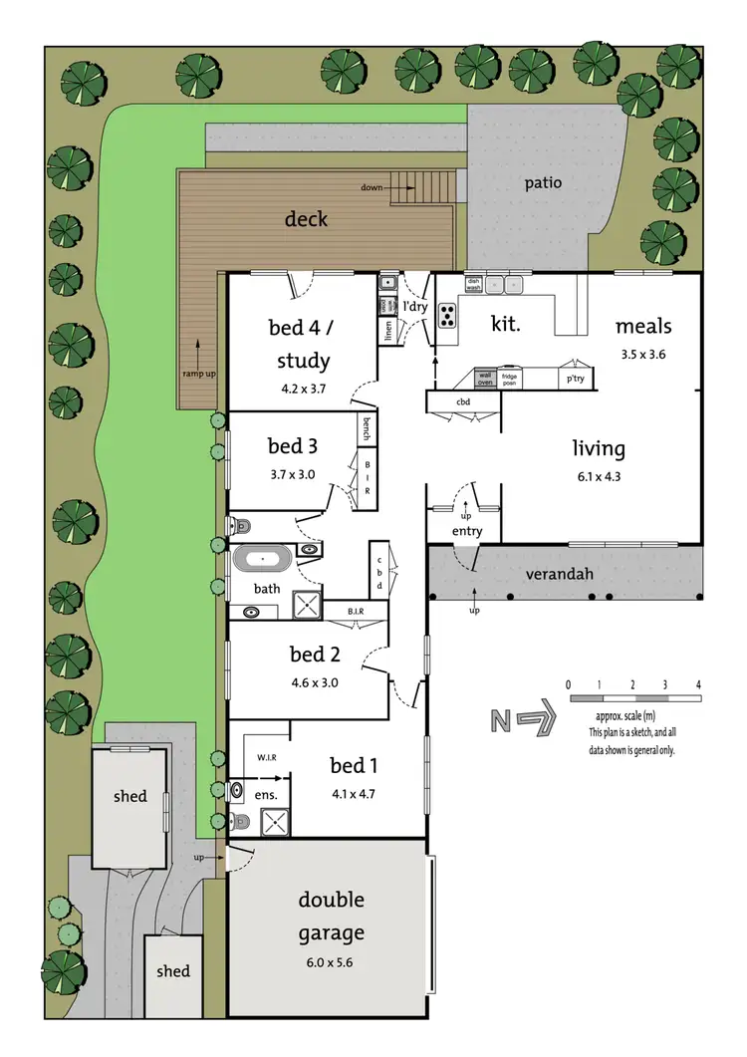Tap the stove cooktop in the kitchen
point(447,315)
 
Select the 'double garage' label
point(332,916)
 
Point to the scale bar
point(633,700)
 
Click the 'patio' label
point(544,183)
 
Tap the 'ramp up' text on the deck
point(198,373)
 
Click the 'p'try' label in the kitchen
point(575,380)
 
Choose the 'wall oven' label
point(486,379)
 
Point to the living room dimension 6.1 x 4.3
point(598,475)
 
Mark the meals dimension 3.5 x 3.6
point(642,353)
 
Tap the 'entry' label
point(466,531)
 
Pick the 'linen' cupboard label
point(386,330)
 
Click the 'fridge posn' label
point(510,379)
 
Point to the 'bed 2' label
point(309,655)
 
